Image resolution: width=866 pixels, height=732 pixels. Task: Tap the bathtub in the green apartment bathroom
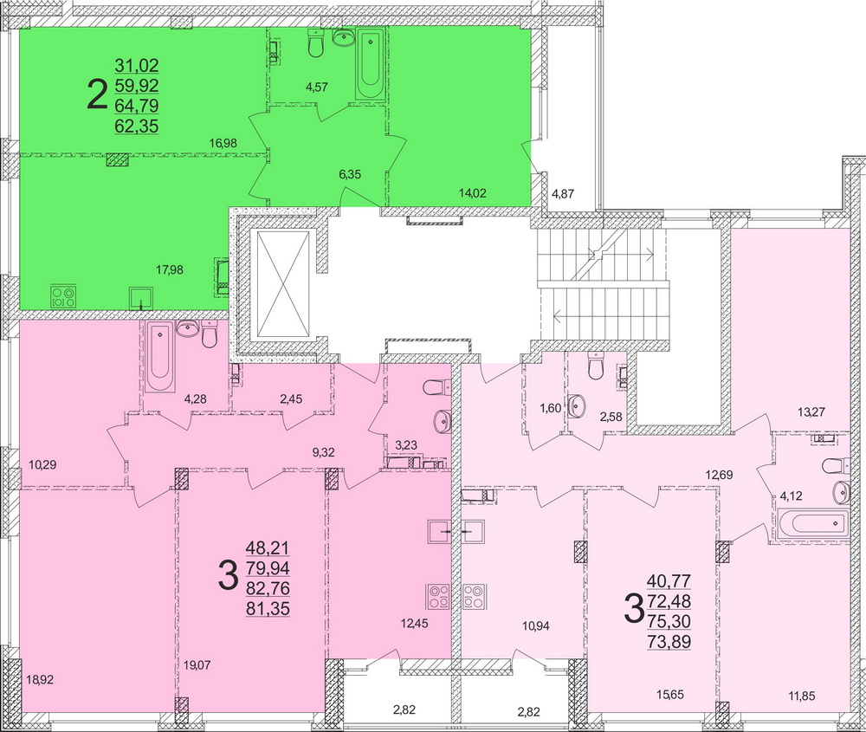pyautogui.click(x=372, y=63)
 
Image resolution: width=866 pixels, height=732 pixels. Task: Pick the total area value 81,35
pyautogui.click(x=268, y=608)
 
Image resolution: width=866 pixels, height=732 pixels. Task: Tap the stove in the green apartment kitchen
pyautogui.click(x=62, y=297)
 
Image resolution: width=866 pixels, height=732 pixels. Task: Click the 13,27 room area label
pyautogui.click(x=811, y=411)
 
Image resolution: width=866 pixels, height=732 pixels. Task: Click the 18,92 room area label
pyautogui.click(x=39, y=680)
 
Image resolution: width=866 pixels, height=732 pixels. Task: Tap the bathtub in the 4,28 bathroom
pyautogui.click(x=160, y=356)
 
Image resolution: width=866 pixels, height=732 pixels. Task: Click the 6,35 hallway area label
pyautogui.click(x=350, y=174)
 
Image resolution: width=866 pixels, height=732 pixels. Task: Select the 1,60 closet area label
pyautogui.click(x=551, y=408)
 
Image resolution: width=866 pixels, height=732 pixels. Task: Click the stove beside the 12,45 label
pyautogui.click(x=436, y=597)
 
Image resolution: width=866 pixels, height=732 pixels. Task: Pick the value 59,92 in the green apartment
pyautogui.click(x=137, y=85)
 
